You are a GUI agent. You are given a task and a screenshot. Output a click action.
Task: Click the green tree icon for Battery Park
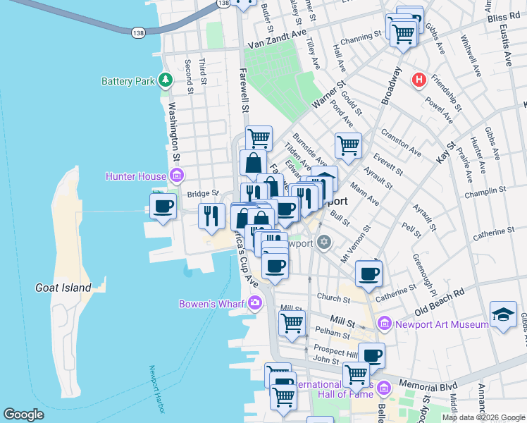click(x=166, y=80)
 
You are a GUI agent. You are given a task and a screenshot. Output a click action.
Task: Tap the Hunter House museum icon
click(x=177, y=176)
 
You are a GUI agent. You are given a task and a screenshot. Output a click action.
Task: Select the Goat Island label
click(x=63, y=288)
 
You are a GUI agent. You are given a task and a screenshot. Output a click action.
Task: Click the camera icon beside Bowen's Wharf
click(x=254, y=304)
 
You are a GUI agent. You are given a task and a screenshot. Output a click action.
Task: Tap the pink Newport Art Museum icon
click(x=384, y=324)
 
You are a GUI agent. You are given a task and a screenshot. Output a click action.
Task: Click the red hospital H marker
click(x=419, y=80)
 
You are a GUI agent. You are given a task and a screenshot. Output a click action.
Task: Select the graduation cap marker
click(x=503, y=314)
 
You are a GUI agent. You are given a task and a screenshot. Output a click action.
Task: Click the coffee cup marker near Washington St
click(x=163, y=207)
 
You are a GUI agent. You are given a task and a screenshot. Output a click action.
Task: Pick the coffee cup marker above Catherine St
click(x=368, y=274)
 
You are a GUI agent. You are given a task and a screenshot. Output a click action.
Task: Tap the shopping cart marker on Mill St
click(x=292, y=324)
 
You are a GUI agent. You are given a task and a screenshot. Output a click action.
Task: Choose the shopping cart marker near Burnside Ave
click(x=348, y=146)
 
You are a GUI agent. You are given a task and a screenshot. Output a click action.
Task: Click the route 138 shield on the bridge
click(x=137, y=32)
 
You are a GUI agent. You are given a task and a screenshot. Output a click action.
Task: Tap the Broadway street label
click(x=391, y=87)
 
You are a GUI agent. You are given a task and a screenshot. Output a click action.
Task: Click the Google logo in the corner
click(x=23, y=415)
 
